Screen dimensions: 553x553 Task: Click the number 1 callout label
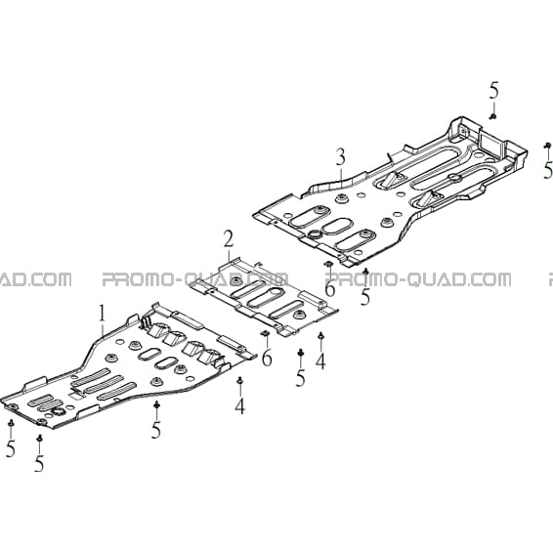coord(102,314)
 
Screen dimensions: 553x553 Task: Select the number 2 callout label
coord(229,238)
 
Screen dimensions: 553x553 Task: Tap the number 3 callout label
coord(340,157)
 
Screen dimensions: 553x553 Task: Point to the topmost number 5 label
coord(494,90)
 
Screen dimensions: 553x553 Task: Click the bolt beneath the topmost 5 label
coord(493,116)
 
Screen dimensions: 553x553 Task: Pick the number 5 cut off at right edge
coord(548,170)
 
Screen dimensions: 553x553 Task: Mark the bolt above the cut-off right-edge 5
coord(548,145)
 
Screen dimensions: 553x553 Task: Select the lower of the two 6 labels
coord(267,358)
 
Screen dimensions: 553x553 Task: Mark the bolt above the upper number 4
coord(320,335)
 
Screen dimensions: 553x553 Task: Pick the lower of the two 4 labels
coord(239,405)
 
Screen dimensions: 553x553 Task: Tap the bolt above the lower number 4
coord(240,380)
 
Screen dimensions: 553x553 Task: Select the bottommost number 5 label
coord(39,463)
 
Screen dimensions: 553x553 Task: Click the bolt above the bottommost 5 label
coord(39,438)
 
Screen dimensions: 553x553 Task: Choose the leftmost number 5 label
coord(11,448)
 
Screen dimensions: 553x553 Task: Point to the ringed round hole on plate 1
coord(57,411)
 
